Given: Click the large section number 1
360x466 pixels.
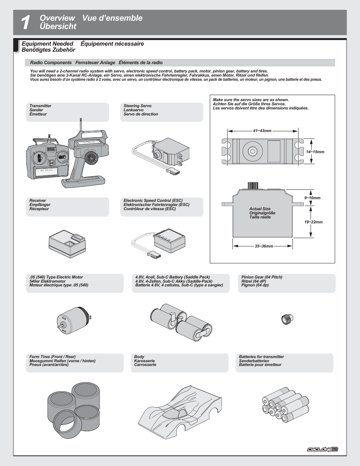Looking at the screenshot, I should pyautogui.click(x=25, y=23).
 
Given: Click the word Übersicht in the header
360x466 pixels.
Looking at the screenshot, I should pyautogui.click(x=58, y=27).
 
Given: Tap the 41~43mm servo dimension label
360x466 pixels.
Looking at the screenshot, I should pyautogui.click(x=262, y=131).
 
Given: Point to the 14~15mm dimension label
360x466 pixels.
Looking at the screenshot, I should pyautogui.click(x=315, y=152).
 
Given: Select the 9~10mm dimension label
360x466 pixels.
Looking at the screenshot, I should pyautogui.click(x=312, y=198).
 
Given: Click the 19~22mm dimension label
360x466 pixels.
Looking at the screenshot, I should pyautogui.click(x=314, y=222).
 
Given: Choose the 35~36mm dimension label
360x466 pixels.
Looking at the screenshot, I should pyautogui.click(x=264, y=246).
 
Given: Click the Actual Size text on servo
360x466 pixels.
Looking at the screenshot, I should pyautogui.click(x=260, y=209).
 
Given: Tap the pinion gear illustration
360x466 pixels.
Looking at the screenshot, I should pyautogui.click(x=287, y=319).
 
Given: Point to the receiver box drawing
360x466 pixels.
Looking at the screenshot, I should pyautogui.click(x=67, y=244).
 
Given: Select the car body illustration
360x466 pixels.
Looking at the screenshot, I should pyautogui.click(x=180, y=412).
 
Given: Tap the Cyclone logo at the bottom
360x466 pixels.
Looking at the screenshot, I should pyautogui.click(x=322, y=449).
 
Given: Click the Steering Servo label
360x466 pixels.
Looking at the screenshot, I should pyautogui.click(x=137, y=106).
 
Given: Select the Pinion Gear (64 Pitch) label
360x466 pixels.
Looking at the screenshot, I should pyautogui.click(x=262, y=277).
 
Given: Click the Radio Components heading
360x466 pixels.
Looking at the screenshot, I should pyautogui.click(x=51, y=63).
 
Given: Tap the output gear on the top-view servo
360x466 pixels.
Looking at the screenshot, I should pyautogui.click(x=252, y=151).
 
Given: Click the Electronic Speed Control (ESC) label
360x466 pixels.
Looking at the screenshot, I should pyautogui.click(x=153, y=201).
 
